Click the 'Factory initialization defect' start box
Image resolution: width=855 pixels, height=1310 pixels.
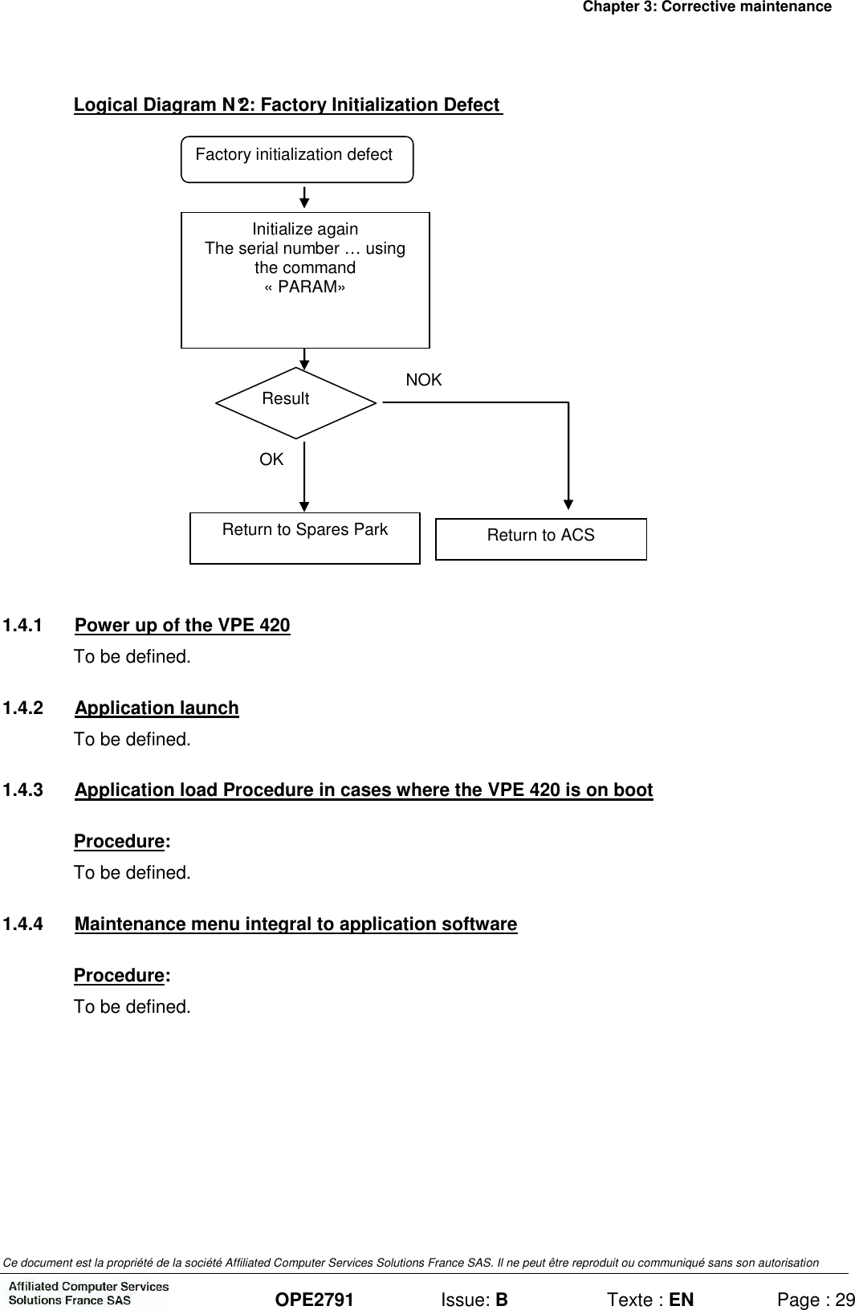[297, 158]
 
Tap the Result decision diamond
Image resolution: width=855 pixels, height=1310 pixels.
[296, 402]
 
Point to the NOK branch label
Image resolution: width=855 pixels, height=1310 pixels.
[424, 381]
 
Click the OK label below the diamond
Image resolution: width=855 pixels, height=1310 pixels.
[271, 459]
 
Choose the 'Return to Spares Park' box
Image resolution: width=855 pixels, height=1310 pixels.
[305, 537]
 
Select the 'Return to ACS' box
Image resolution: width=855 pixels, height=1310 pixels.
[541, 538]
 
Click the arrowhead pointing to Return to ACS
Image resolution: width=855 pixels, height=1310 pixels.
[568, 503]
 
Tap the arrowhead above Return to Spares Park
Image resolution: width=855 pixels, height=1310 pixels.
[304, 504]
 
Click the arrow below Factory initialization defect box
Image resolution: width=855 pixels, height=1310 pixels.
[304, 198]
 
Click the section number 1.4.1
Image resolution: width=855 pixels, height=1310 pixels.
[23, 626]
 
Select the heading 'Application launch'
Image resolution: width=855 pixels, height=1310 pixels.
[157, 708]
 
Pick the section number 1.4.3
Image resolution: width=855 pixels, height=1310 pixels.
[23, 790]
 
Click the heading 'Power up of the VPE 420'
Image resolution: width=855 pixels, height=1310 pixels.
[182, 626]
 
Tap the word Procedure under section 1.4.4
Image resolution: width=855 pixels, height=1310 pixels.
[119, 976]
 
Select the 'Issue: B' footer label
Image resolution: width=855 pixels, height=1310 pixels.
[474, 1300]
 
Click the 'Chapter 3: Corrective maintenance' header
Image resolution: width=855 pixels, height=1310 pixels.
[706, 7]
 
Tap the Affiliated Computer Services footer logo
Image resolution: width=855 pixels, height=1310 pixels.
[88, 1293]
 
